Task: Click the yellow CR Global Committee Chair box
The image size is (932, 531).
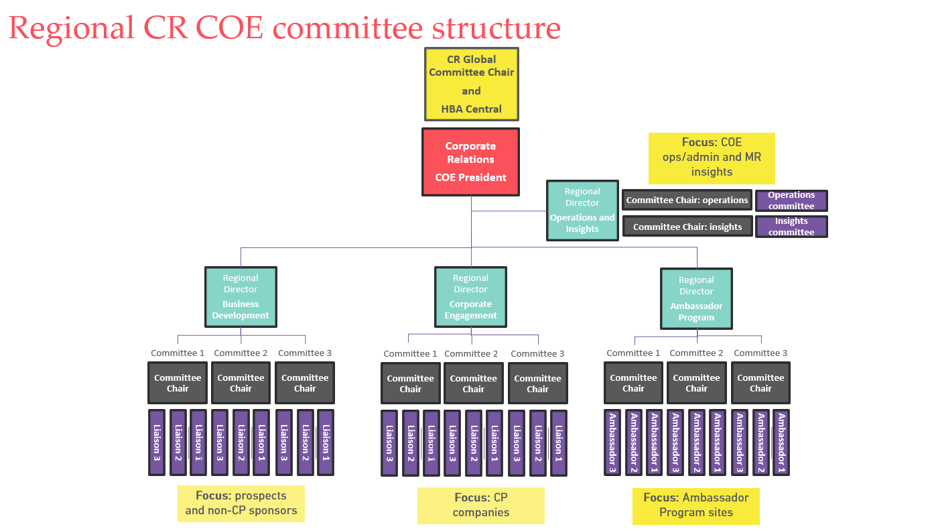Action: point(471,84)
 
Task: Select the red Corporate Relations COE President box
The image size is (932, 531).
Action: point(470,162)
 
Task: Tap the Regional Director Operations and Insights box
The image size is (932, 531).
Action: point(582,210)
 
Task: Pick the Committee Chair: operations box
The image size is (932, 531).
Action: point(687,200)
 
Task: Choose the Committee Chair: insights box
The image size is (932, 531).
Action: point(687,227)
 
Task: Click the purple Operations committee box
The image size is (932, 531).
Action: point(791,200)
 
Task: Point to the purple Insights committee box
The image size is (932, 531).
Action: point(791,227)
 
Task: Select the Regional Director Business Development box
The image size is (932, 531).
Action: point(241,296)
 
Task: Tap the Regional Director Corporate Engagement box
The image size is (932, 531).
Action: point(470,296)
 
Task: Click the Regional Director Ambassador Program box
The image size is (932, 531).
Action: point(696,298)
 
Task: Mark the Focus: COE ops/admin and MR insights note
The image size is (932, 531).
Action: point(712,158)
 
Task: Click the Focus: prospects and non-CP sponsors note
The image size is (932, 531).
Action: point(241,504)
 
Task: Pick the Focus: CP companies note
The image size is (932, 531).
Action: point(480,506)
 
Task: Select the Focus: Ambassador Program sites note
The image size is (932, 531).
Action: point(695,506)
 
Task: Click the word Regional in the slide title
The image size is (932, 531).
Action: point(71,28)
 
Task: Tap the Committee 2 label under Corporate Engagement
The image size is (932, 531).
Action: point(471,354)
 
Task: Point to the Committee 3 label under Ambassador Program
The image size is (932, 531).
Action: point(760,353)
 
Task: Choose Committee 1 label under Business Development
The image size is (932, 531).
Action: point(178,353)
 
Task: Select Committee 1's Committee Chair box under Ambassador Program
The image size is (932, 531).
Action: point(633,383)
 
